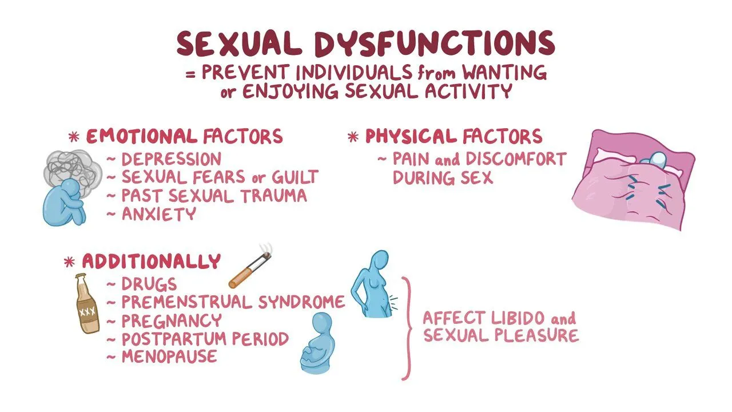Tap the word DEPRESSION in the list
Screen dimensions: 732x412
(x=171, y=160)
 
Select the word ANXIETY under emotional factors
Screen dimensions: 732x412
(x=159, y=214)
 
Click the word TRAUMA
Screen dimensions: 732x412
(x=274, y=196)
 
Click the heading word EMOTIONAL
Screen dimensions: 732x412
(x=141, y=136)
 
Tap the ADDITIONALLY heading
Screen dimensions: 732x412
(x=152, y=261)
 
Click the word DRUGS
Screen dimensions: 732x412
(x=149, y=284)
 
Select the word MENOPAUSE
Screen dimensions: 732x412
(x=169, y=356)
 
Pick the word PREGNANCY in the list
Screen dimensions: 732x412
(x=172, y=320)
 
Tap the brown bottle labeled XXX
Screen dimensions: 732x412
(x=86, y=304)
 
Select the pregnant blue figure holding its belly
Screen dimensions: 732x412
(x=317, y=343)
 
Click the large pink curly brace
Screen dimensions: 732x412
(x=408, y=328)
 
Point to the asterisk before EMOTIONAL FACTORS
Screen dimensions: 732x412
(x=74, y=137)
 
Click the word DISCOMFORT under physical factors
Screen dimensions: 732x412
(x=516, y=159)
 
